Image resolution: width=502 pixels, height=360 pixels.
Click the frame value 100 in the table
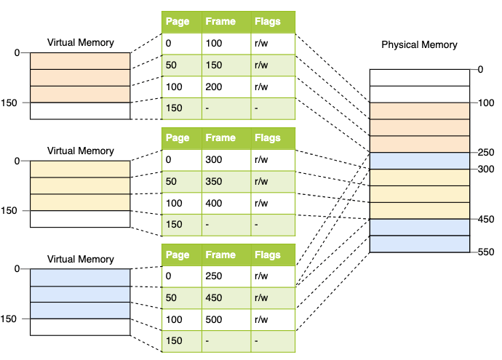tap(214, 43)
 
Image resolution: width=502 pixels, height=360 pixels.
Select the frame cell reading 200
tap(214, 87)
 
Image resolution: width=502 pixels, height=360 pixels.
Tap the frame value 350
tap(214, 181)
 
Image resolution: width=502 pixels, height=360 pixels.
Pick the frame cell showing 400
tap(214, 203)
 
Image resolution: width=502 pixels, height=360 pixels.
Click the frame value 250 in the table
tap(214, 276)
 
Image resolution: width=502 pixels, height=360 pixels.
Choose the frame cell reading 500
tap(214, 319)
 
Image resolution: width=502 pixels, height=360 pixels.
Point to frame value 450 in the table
tap(214, 297)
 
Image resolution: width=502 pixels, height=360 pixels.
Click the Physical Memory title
tap(419, 45)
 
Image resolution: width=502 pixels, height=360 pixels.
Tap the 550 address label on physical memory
tap(486, 252)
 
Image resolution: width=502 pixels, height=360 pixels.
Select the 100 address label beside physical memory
tap(486, 103)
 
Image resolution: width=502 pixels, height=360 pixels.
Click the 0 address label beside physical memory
tap(480, 69)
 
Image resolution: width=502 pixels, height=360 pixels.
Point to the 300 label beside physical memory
tap(486, 169)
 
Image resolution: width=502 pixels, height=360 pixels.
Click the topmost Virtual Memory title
tap(80, 43)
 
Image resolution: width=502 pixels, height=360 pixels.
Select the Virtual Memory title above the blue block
tap(80, 259)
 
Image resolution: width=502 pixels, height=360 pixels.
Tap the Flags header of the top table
tap(267, 21)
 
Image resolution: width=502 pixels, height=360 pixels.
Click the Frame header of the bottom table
tap(220, 255)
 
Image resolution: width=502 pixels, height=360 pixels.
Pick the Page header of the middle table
tap(178, 138)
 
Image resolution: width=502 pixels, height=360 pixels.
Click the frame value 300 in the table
tap(214, 160)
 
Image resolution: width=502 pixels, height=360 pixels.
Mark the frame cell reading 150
tap(214, 65)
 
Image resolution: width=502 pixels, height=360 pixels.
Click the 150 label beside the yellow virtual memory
tap(9, 211)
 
